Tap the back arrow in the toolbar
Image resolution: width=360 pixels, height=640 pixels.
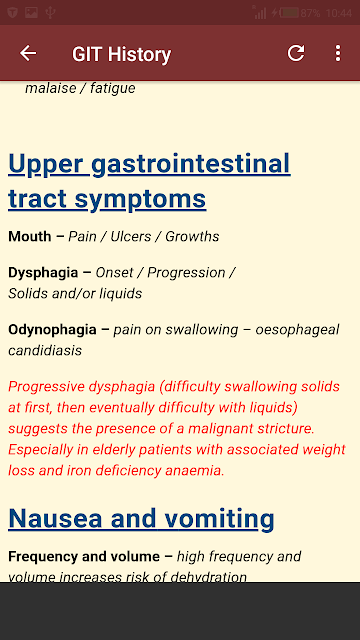click(28, 53)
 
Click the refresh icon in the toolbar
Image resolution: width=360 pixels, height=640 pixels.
click(296, 53)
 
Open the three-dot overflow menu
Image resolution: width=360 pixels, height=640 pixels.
click(338, 53)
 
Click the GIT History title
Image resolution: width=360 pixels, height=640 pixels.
click(121, 54)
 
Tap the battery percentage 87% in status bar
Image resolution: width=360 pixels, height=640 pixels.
click(310, 13)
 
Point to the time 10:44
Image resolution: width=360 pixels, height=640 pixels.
click(339, 13)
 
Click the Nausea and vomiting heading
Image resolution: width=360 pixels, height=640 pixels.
click(141, 519)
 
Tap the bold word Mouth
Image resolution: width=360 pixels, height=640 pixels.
click(30, 236)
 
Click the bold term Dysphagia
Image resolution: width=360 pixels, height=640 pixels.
click(43, 273)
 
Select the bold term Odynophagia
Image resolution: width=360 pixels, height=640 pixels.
click(52, 330)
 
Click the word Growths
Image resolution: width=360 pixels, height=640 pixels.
click(192, 236)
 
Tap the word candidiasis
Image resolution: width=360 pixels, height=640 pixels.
click(45, 350)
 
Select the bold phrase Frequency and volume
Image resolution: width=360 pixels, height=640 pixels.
click(84, 556)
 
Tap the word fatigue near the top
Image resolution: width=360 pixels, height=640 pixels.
click(113, 88)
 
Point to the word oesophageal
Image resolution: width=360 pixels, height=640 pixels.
click(297, 330)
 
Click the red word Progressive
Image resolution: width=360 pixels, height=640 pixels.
click(40, 387)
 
